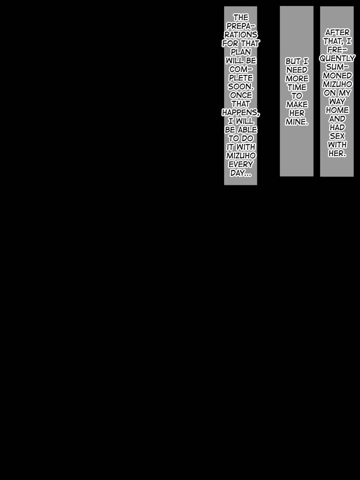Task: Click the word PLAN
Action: pyautogui.click(x=241, y=52)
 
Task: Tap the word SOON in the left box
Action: pyautogui.click(x=240, y=87)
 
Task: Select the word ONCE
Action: pyautogui.click(x=241, y=95)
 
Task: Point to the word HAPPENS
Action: pyautogui.click(x=240, y=112)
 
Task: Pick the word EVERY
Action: pyautogui.click(x=241, y=164)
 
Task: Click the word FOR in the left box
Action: pyautogui.click(x=230, y=43)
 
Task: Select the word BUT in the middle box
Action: pyautogui.click(x=292, y=61)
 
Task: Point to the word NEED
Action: pyautogui.click(x=297, y=70)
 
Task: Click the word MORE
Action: pyautogui.click(x=297, y=79)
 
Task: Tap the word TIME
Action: pyautogui.click(x=297, y=87)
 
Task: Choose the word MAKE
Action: pyautogui.click(x=297, y=105)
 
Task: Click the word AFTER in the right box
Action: pyautogui.click(x=337, y=33)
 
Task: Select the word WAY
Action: pyautogui.click(x=337, y=101)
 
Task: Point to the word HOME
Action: pyautogui.click(x=337, y=110)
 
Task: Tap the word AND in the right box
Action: pyautogui.click(x=337, y=119)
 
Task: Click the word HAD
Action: pyautogui.click(x=337, y=127)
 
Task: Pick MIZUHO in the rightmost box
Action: pyautogui.click(x=337, y=84)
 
